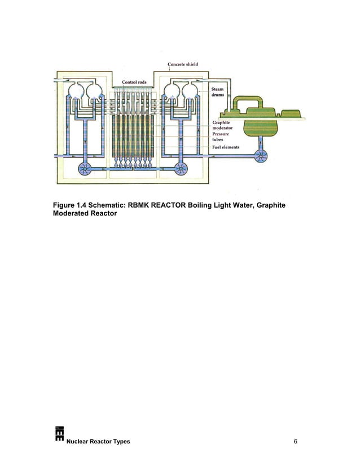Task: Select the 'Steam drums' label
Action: click(x=217, y=91)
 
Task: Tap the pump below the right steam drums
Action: click(x=182, y=168)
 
